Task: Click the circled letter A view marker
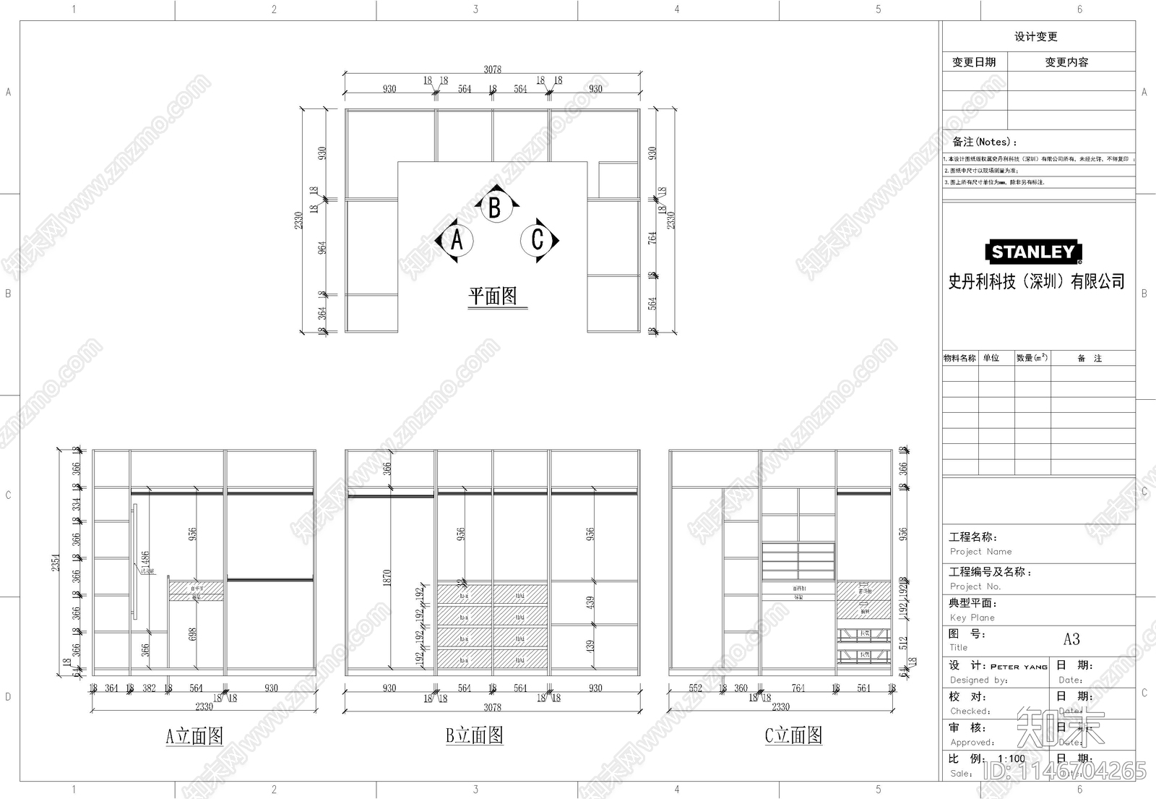coord(456,240)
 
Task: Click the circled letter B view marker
coord(495,208)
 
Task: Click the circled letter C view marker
coord(537,239)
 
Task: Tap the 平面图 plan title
coord(493,296)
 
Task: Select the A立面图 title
coord(194,736)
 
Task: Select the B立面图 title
coord(474,735)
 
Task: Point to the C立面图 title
coord(793,735)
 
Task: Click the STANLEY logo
coord(1033,252)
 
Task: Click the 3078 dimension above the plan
coord(492,69)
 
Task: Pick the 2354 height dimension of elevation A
coord(56,563)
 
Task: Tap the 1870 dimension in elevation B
coord(387,577)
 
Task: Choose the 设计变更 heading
coord(1035,37)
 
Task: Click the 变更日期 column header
coord(973,62)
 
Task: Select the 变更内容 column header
coord(1066,62)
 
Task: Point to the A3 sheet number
coord(1071,639)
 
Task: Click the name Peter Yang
coord(1019,667)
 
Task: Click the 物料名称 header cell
coord(959,358)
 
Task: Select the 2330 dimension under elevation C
coord(780,707)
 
